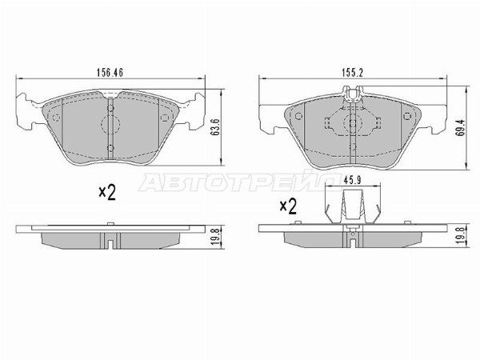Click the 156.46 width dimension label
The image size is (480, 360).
pyautogui.click(x=110, y=73)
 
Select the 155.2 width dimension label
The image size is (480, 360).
pyautogui.click(x=352, y=73)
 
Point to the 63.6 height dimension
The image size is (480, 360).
pyautogui.click(x=215, y=127)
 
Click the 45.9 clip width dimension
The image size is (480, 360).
pyautogui.click(x=352, y=181)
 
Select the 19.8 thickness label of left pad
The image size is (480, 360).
pyautogui.click(x=215, y=238)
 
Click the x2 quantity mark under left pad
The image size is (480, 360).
pyautogui.click(x=107, y=193)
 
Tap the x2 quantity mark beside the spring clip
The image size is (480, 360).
pyautogui.click(x=288, y=206)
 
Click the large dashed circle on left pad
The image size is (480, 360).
pyautogui.click(x=110, y=124)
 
